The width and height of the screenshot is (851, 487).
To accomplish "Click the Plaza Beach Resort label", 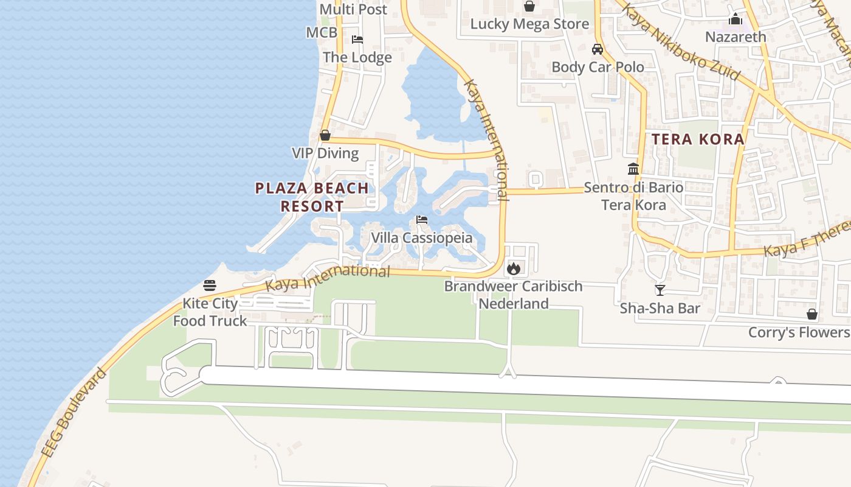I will (x=312, y=197).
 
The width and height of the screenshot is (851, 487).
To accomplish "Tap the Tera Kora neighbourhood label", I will (x=698, y=139).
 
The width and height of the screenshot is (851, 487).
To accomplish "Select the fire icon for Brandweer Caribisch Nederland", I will (x=514, y=268).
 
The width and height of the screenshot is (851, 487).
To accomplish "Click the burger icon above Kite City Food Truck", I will (x=210, y=285).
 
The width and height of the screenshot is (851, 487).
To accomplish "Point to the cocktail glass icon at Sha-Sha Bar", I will (x=660, y=290).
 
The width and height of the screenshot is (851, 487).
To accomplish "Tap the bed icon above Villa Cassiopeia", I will (x=422, y=220).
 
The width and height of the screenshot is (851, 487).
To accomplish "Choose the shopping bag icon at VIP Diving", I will (x=325, y=135).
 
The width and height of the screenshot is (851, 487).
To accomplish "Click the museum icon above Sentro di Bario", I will (x=633, y=169).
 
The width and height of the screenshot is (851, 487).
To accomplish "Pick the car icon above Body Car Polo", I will (x=598, y=49).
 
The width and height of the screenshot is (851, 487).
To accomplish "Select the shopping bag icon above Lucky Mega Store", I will (x=529, y=7).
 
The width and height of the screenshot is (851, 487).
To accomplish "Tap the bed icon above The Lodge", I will (x=357, y=40).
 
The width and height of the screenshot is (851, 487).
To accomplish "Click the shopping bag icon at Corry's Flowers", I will (x=812, y=314).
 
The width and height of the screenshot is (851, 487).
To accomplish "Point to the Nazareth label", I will (x=736, y=37).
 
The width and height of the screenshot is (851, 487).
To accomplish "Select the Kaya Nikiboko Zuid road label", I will (x=681, y=42).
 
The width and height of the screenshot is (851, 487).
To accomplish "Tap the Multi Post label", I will (x=353, y=10).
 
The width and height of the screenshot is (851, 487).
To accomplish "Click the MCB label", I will (x=322, y=32).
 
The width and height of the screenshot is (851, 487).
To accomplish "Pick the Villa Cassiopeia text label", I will (x=422, y=237).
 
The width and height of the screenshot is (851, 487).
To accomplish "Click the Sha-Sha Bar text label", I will (x=660, y=308).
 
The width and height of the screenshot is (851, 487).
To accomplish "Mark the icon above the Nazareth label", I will (x=736, y=19).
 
